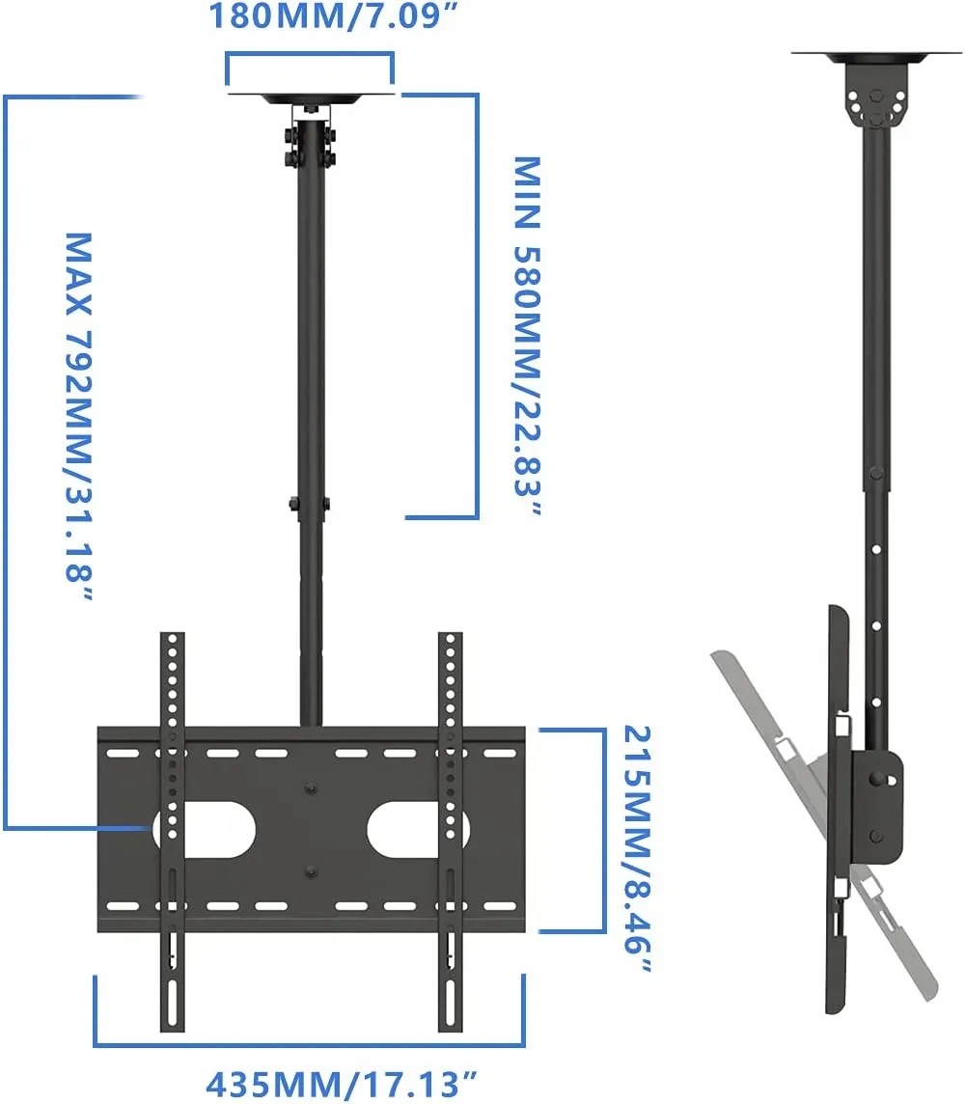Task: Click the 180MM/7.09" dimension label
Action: tap(334, 16)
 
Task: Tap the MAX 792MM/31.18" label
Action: tap(79, 417)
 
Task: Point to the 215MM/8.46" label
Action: tap(638, 849)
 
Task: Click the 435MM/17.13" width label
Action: tap(342, 1085)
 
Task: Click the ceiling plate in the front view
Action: tap(310, 97)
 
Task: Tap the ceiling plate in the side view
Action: tap(875, 57)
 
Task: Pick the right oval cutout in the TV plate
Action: tap(418, 829)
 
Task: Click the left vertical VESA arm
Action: tap(173, 832)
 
